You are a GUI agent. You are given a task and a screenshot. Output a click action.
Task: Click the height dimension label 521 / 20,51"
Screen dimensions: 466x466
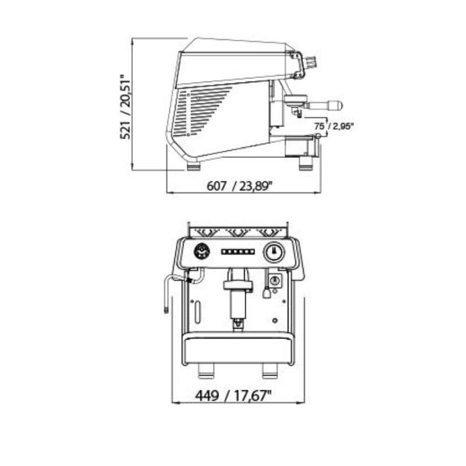click(x=125, y=107)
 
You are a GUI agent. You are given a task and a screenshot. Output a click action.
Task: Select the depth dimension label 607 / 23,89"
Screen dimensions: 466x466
click(x=239, y=186)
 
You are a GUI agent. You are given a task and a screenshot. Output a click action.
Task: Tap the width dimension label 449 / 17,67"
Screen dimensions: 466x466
click(x=234, y=396)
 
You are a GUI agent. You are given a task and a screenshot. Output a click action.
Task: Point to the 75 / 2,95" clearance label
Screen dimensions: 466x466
click(x=334, y=126)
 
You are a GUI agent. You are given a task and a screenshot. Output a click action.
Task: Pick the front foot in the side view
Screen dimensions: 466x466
click(x=306, y=164)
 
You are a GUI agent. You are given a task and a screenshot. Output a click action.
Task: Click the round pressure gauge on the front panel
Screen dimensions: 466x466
click(x=274, y=252)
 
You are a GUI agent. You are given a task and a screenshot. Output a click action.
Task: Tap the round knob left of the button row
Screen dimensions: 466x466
click(x=202, y=252)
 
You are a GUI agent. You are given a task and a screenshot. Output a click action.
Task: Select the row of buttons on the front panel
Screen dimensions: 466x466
click(x=238, y=252)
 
